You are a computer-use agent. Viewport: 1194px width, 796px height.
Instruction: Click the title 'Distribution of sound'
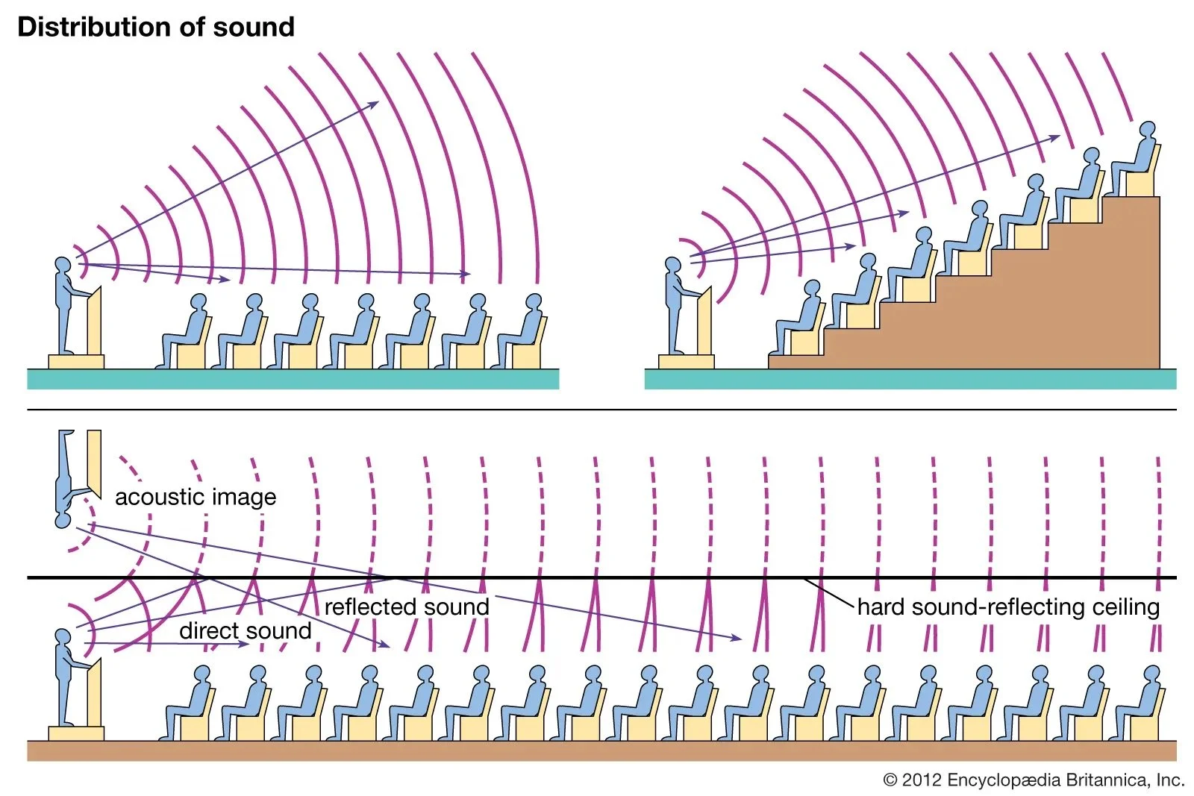click(x=156, y=27)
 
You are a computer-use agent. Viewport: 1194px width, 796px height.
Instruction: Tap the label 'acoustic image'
click(x=196, y=497)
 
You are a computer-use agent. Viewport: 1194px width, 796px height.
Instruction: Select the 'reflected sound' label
click(x=407, y=607)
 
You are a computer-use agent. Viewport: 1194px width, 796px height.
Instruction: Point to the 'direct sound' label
click(x=246, y=631)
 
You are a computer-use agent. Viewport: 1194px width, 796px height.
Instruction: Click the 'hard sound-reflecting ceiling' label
click(x=1008, y=607)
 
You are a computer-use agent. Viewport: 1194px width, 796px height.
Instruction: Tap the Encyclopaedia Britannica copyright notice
click(x=1034, y=780)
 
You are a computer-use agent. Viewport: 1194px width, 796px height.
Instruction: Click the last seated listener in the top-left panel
click(x=525, y=332)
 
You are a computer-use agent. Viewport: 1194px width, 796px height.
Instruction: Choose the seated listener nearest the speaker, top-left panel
click(x=189, y=332)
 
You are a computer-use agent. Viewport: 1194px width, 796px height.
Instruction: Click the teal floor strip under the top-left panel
click(x=293, y=379)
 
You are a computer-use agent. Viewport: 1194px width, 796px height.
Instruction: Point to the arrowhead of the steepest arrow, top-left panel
click(x=375, y=104)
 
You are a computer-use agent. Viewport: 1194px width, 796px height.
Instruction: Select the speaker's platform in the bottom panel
click(x=76, y=733)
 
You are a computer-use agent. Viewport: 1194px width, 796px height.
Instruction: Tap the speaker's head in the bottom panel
click(x=63, y=636)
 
